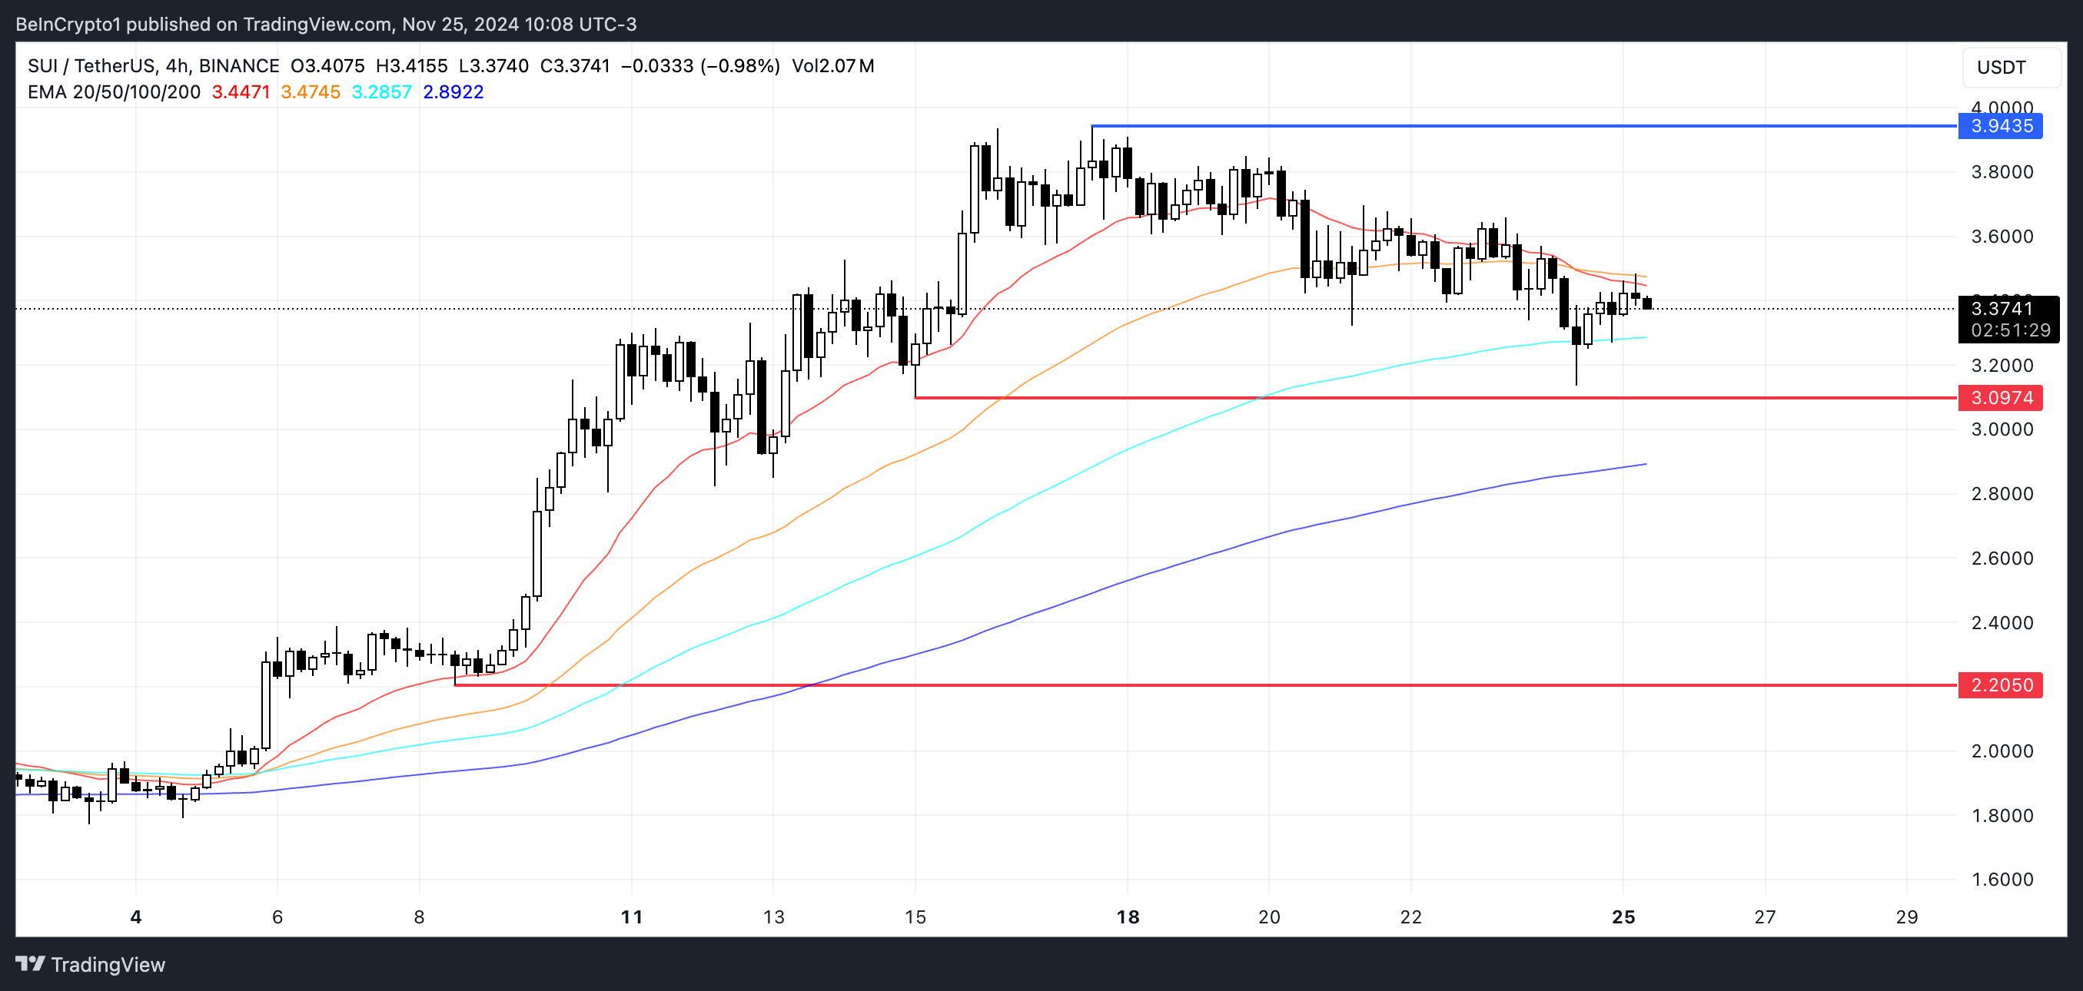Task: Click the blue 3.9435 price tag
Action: tap(2000, 126)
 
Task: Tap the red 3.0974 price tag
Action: tap(2000, 398)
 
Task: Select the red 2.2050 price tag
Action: tap(2000, 684)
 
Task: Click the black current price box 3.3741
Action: tap(2008, 319)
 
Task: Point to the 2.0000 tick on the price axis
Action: tap(2002, 751)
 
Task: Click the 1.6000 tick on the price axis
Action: tap(2002, 880)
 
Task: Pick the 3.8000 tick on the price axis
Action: tap(2002, 172)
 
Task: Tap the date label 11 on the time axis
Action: tap(632, 916)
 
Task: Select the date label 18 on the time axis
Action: tap(1128, 916)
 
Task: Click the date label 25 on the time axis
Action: tap(1623, 916)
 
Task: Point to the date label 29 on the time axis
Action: tap(1907, 916)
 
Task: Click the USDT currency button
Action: tap(2002, 67)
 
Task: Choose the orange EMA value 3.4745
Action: tap(311, 92)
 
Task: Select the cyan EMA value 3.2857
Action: tap(382, 92)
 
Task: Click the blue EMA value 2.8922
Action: tap(453, 92)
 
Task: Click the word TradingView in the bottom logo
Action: tap(108, 964)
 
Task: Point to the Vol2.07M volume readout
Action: tap(833, 66)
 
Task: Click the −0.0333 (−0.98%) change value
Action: tap(700, 66)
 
